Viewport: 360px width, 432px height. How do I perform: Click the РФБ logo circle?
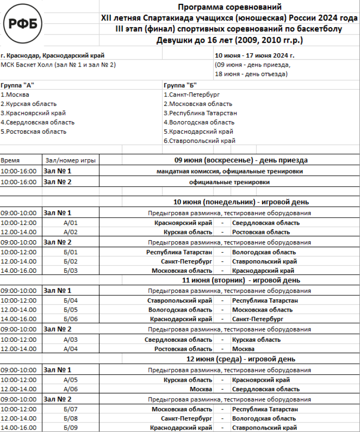click(23, 23)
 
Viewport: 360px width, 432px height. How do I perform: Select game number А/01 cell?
click(71, 222)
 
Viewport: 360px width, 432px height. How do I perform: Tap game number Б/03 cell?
click(71, 271)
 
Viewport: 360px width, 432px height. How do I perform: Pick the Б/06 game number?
click(71, 319)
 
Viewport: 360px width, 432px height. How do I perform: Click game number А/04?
click(71, 349)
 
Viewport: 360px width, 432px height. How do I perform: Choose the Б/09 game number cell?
click(71, 428)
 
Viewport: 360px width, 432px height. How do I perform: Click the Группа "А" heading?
click(18, 85)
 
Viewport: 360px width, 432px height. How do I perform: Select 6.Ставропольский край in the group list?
click(199, 141)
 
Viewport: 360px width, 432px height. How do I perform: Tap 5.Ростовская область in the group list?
click(34, 131)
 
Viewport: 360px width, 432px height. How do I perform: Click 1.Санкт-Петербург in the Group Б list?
click(192, 94)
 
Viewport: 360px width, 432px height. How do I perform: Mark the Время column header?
click(10, 160)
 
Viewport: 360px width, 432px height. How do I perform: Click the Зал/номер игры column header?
click(70, 160)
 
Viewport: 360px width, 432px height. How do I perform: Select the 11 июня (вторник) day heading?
click(240, 280)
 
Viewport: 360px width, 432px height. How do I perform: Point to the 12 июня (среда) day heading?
click(240, 359)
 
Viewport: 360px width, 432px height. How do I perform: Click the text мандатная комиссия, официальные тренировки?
click(229, 171)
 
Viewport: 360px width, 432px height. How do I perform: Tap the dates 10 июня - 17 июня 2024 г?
click(254, 55)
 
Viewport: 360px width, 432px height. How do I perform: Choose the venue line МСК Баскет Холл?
click(58, 65)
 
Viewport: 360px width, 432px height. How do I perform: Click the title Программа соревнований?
click(229, 7)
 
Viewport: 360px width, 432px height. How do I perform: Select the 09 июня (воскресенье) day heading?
click(240, 160)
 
